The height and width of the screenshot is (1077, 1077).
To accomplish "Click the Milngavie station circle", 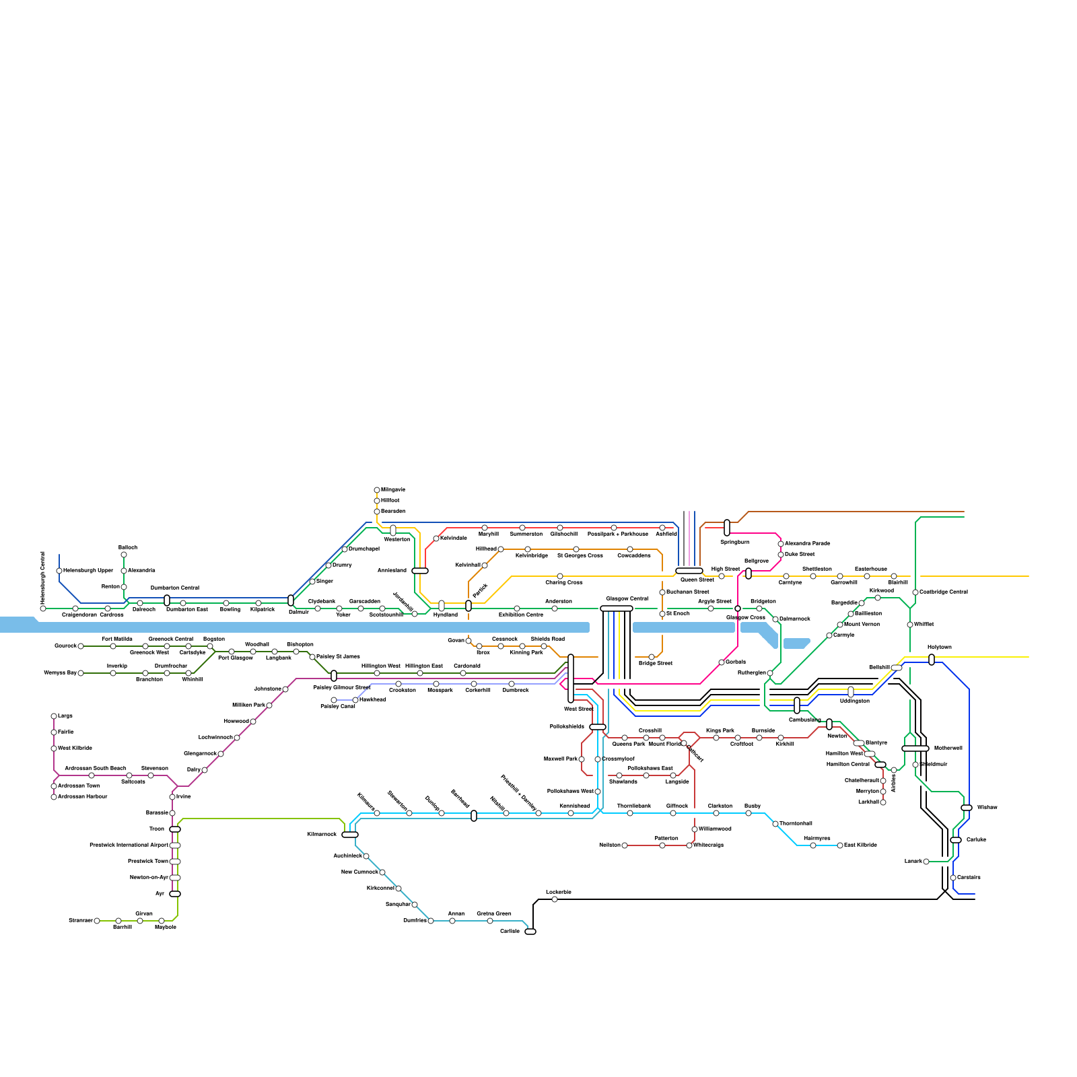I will click(377, 490).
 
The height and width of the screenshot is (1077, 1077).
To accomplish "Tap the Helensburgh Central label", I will click(42, 577).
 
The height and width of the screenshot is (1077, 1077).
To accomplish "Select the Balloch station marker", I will click(124, 555).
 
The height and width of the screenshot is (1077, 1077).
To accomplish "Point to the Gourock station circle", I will click(81, 646).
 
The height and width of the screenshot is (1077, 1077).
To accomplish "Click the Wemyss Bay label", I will click(60, 673).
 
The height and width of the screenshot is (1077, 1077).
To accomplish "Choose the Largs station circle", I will click(54, 716).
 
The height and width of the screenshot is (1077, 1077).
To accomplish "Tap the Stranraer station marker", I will click(97, 921).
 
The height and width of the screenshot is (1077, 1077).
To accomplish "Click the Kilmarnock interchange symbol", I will click(350, 835).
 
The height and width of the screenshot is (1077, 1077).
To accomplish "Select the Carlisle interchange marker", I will click(530, 932).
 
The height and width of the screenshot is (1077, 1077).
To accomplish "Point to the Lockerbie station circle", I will click(555, 899).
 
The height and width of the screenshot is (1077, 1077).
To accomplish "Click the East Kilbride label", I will click(860, 845).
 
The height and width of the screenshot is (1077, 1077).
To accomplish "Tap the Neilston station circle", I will click(625, 845).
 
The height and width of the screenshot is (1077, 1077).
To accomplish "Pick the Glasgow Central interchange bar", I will click(617, 609).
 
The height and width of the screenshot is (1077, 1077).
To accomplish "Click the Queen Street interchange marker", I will click(689, 571).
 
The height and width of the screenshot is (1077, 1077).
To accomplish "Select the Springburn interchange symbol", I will click(727, 528).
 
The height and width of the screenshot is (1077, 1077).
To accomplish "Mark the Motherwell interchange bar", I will click(915, 749).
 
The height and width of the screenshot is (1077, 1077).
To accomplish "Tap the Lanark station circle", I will click(926, 862).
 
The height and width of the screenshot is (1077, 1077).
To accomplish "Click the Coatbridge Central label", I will click(944, 592).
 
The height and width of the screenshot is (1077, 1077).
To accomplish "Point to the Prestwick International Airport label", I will click(129, 845).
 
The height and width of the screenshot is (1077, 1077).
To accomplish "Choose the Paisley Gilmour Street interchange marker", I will click(334, 676).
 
